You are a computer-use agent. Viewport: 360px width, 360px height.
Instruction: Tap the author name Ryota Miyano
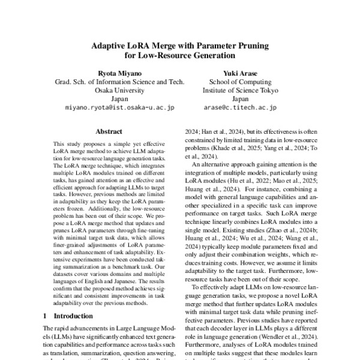pyautogui.click(x=113, y=72)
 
